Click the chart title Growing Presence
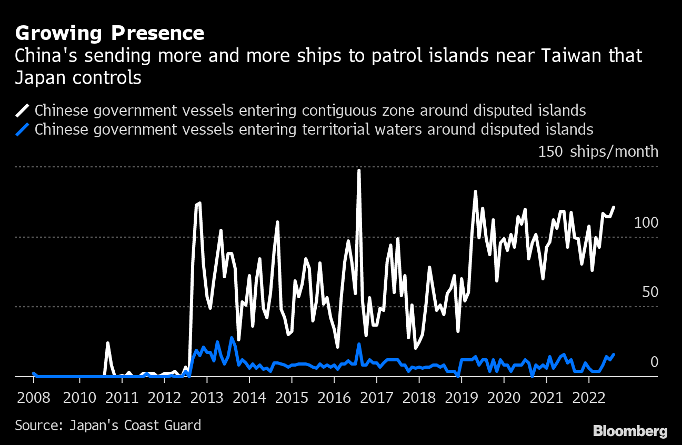[x=109, y=33]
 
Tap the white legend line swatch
[x=23, y=110]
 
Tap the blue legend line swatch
[x=23, y=129]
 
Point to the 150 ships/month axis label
[x=598, y=152]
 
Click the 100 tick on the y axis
[x=646, y=223]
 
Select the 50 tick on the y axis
[x=650, y=292]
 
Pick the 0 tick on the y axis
[x=654, y=362]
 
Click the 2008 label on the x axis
[x=34, y=397]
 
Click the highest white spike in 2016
[x=359, y=170]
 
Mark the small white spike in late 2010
[x=107, y=343]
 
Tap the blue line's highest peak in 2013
[x=232, y=338]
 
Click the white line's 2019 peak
[x=475, y=192]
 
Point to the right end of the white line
[x=614, y=207]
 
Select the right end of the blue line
[x=614, y=355]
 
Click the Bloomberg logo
[x=630, y=431]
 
